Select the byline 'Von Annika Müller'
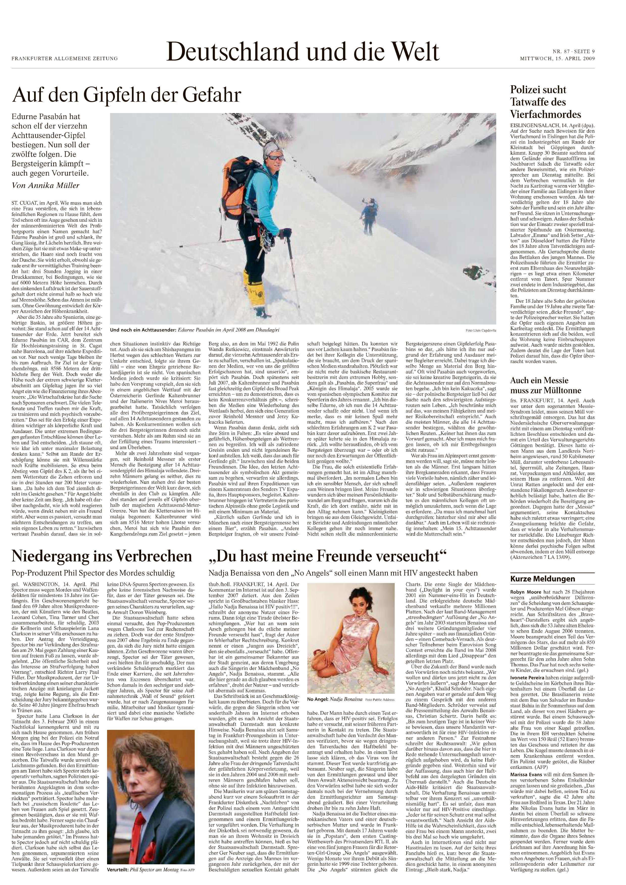45,185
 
